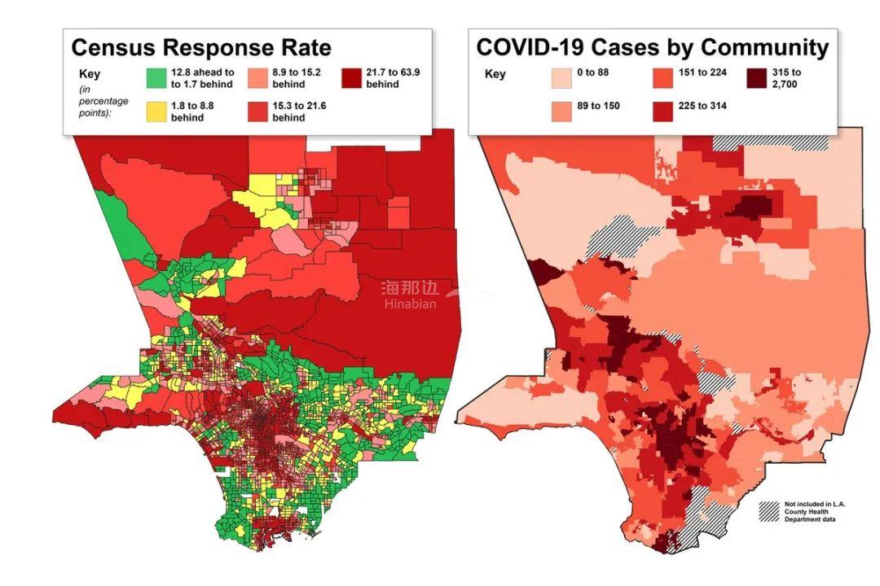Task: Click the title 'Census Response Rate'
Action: pos(201,47)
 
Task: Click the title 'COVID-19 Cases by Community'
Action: pos(652,47)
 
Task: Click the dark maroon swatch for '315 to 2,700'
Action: pos(759,77)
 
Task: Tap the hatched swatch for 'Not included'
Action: pos(769,511)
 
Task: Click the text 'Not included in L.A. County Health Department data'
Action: pos(814,511)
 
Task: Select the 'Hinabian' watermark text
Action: pos(411,304)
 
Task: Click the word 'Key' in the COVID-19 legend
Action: pos(495,74)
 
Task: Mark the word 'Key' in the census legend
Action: pos(90,72)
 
